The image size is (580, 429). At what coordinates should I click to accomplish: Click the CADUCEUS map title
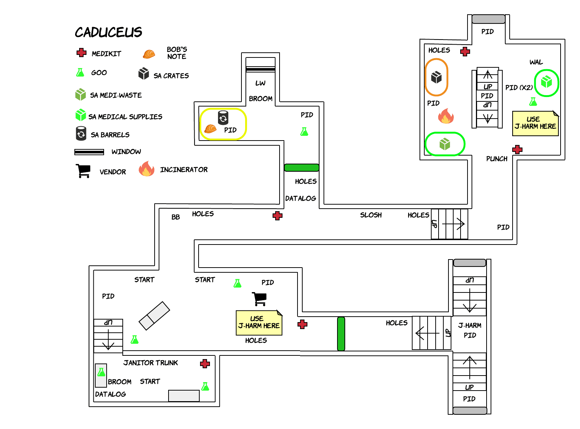point(108,32)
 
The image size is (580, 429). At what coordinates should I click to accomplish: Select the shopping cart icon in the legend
point(83,171)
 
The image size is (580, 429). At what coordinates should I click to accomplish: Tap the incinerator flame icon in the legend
point(147,169)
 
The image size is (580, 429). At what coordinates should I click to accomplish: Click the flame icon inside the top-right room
point(446,116)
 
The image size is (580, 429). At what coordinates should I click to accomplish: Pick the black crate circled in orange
point(436,77)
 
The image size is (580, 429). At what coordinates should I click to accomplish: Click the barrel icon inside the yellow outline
point(223,118)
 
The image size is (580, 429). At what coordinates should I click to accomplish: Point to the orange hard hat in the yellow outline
point(210,128)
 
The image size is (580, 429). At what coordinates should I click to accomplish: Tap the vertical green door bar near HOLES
point(341,333)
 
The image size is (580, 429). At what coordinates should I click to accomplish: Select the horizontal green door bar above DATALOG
point(302,168)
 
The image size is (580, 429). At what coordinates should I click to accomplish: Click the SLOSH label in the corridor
point(371,215)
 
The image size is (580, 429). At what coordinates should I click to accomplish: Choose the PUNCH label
point(496,158)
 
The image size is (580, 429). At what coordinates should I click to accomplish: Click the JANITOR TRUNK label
point(151,363)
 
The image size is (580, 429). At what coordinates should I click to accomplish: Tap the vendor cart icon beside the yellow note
point(259,299)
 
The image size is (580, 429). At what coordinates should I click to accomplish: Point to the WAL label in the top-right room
point(536,62)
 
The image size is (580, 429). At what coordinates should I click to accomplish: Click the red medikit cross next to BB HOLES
point(277,216)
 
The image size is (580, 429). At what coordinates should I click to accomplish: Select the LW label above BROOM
point(261,83)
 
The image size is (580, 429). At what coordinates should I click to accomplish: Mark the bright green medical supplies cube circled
point(546,82)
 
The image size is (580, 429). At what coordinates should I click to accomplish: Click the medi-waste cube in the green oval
point(444,144)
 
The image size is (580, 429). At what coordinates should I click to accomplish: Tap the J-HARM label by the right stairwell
point(470,325)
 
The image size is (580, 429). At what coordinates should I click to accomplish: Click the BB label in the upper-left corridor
point(176,217)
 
